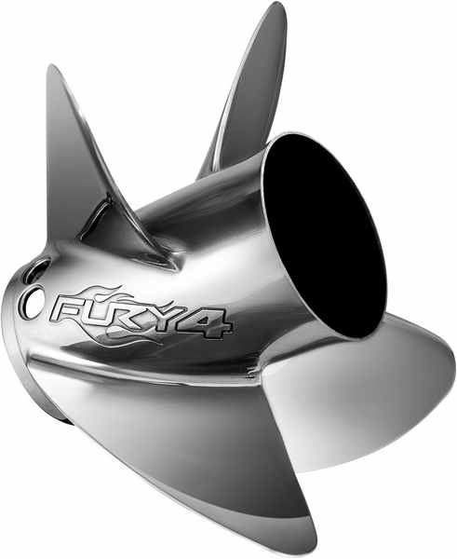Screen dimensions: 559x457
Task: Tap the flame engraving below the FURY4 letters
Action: pos(140,334)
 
